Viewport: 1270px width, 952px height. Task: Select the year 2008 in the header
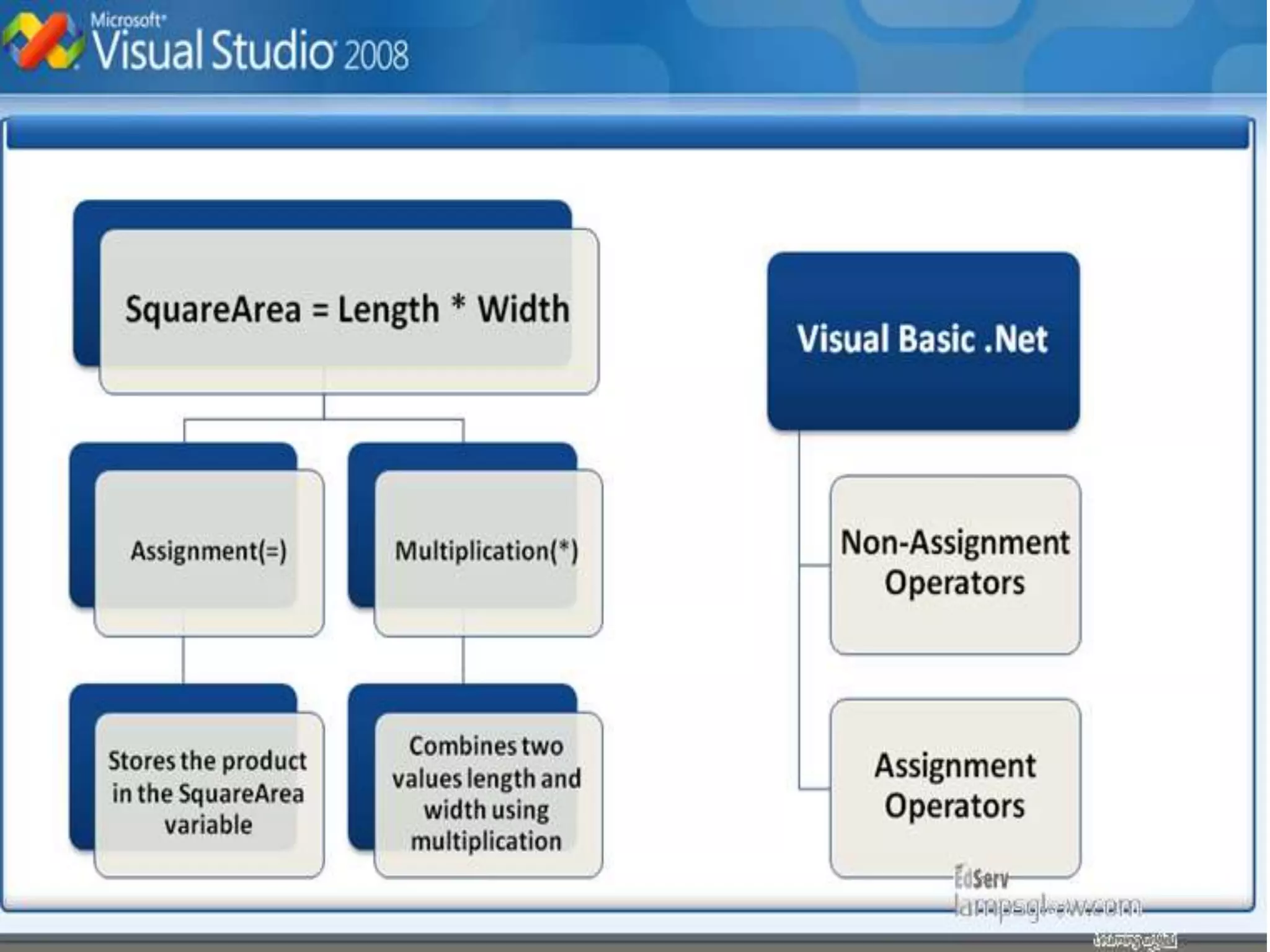(x=375, y=55)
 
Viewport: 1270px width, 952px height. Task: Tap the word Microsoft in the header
(x=127, y=20)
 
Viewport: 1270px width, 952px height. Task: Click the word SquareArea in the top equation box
(x=213, y=309)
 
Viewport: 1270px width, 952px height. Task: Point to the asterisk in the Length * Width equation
(x=458, y=304)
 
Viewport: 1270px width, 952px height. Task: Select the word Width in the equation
(x=523, y=309)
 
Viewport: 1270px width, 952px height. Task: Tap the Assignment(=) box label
(x=208, y=551)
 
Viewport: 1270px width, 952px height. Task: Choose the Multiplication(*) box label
(x=486, y=551)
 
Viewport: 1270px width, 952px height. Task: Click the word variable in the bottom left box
(x=208, y=825)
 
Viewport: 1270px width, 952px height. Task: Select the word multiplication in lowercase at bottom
(x=486, y=841)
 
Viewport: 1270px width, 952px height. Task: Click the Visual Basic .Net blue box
(x=923, y=340)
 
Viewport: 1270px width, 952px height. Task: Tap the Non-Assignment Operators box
(x=955, y=563)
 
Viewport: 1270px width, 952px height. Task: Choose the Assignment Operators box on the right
(x=955, y=786)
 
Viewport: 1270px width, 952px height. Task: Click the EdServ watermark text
(x=982, y=878)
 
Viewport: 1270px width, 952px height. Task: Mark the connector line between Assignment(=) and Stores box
(x=183, y=661)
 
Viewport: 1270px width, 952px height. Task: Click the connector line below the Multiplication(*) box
(x=463, y=661)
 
